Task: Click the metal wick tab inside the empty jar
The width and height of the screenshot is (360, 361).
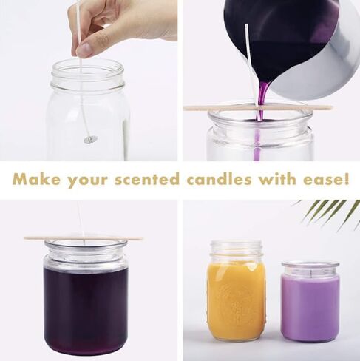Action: pos(90,138)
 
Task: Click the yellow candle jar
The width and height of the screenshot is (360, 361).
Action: pos(237,292)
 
